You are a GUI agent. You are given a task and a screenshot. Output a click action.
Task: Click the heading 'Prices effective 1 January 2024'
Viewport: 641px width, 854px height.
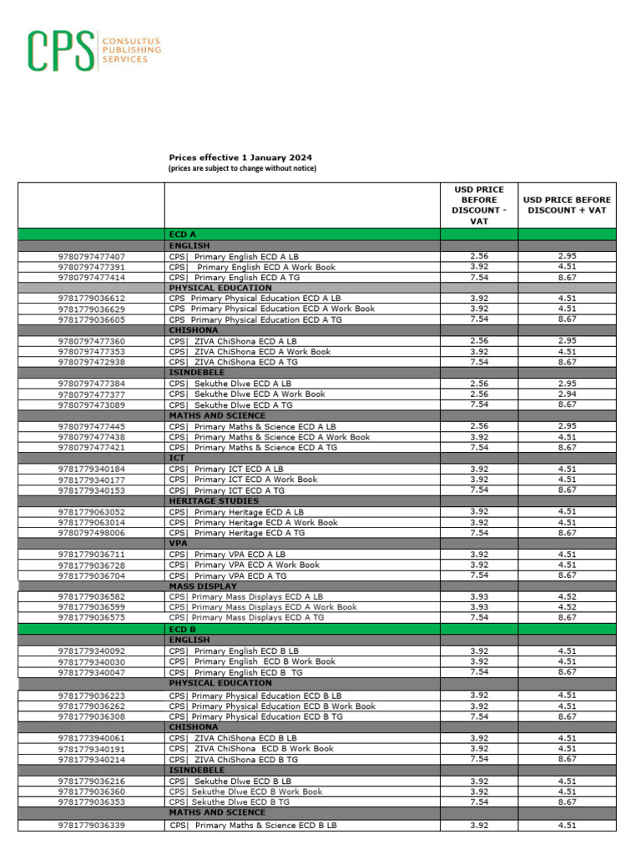point(240,158)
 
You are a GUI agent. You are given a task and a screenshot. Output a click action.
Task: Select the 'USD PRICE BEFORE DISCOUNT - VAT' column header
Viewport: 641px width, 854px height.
point(479,205)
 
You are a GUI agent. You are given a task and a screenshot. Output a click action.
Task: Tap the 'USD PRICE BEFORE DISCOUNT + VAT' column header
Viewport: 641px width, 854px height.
point(567,205)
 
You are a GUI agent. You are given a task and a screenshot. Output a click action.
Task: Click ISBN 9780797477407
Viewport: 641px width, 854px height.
point(92,257)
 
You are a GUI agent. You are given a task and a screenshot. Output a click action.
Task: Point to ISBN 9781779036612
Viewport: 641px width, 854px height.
point(92,299)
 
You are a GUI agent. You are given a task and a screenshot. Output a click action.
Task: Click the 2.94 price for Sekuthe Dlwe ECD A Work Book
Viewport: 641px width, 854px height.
point(567,394)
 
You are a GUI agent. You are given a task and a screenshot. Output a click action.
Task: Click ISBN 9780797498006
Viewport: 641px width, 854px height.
point(92,533)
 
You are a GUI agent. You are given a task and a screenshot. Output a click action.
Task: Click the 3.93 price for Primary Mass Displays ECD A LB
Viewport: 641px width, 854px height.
point(479,597)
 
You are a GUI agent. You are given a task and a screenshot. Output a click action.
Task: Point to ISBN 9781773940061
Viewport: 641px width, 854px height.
point(92,738)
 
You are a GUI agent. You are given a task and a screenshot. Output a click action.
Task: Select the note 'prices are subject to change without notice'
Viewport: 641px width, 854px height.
point(242,168)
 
